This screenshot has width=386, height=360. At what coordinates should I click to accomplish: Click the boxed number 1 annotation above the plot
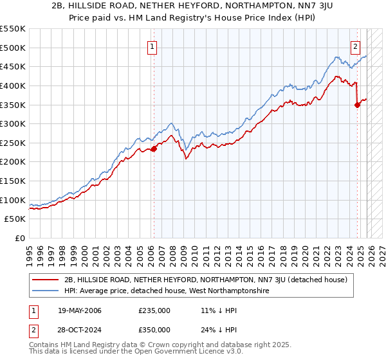(152, 46)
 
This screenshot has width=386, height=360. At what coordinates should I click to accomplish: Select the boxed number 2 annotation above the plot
(355, 46)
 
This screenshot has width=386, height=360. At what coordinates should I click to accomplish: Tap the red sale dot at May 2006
(154, 149)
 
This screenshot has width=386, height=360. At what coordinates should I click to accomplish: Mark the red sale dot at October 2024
(357, 105)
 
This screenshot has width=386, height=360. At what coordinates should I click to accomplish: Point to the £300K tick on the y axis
(14, 123)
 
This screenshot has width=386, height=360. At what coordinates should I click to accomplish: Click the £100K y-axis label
(14, 200)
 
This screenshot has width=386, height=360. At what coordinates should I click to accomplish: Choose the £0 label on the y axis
(19, 238)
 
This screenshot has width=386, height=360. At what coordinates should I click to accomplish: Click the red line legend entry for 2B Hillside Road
(206, 280)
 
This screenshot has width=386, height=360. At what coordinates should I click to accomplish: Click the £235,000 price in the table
(154, 310)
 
